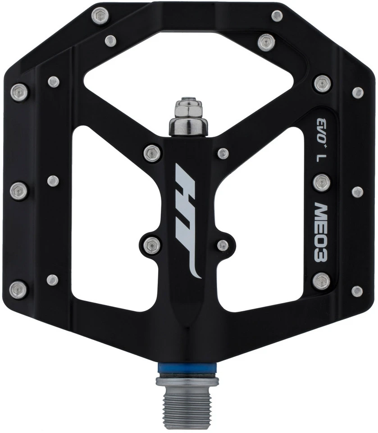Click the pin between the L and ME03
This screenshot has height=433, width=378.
[x=321, y=182]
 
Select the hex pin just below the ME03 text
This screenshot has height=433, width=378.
[x=321, y=281]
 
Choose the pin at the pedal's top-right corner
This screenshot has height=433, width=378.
[x=277, y=17]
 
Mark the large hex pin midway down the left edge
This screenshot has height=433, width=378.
[x=19, y=190]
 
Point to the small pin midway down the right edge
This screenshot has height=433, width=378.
[x=358, y=192]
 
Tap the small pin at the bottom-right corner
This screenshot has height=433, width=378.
[x=357, y=291]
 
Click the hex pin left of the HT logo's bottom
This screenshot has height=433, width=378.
[x=152, y=244]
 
